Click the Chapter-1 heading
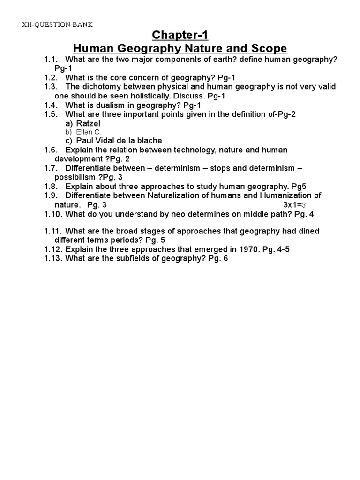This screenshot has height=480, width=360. [x=180, y=36]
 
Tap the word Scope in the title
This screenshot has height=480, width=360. [x=269, y=49]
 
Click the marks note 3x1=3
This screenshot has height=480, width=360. [x=294, y=205]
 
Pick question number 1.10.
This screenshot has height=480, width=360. [x=53, y=214]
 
